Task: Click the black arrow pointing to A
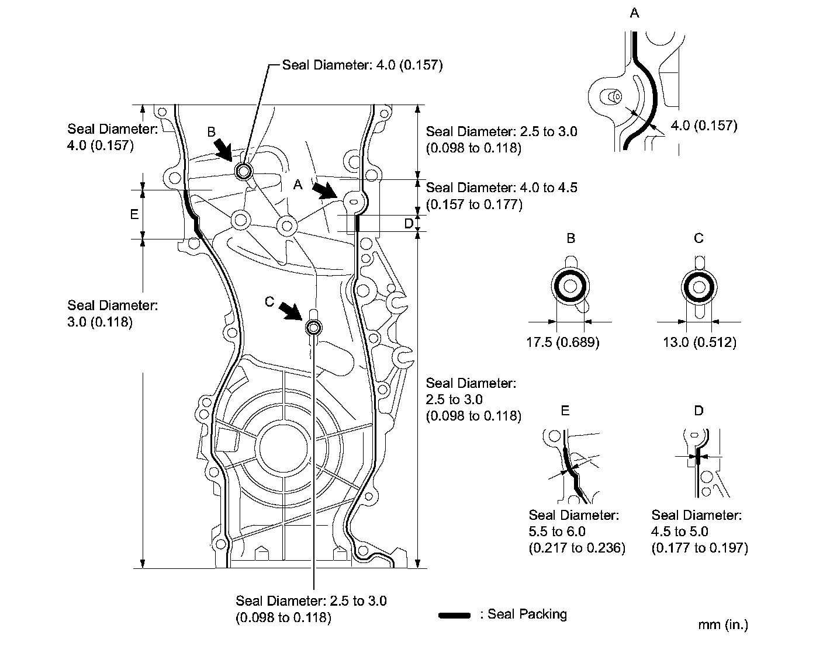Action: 323,190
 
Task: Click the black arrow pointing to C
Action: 291,311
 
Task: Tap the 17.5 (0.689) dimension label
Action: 563,342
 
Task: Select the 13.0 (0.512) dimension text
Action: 699,342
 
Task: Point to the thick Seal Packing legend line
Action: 454,615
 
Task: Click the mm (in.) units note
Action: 722,624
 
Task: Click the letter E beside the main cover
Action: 134,214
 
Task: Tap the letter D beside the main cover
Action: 409,223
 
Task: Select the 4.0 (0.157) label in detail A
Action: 703,125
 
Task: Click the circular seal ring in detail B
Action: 570,287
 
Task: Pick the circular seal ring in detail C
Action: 699,287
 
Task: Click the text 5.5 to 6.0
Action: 557,532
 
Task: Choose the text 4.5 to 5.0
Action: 680,532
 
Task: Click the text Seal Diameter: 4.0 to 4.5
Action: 502,187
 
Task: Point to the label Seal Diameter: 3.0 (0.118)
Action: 112,313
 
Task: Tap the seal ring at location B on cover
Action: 243,171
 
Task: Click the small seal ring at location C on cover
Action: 313,328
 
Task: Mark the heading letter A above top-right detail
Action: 634,13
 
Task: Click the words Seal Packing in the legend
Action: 527,614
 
